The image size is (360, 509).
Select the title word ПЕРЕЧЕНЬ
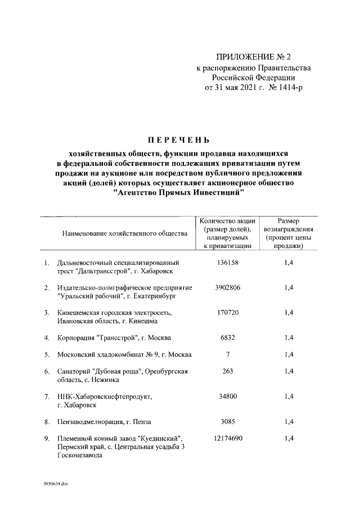pyautogui.click(x=178, y=139)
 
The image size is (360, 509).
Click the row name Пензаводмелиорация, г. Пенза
pyautogui.click(x=105, y=421)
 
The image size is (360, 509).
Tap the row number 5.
pyautogui.click(x=46, y=354)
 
